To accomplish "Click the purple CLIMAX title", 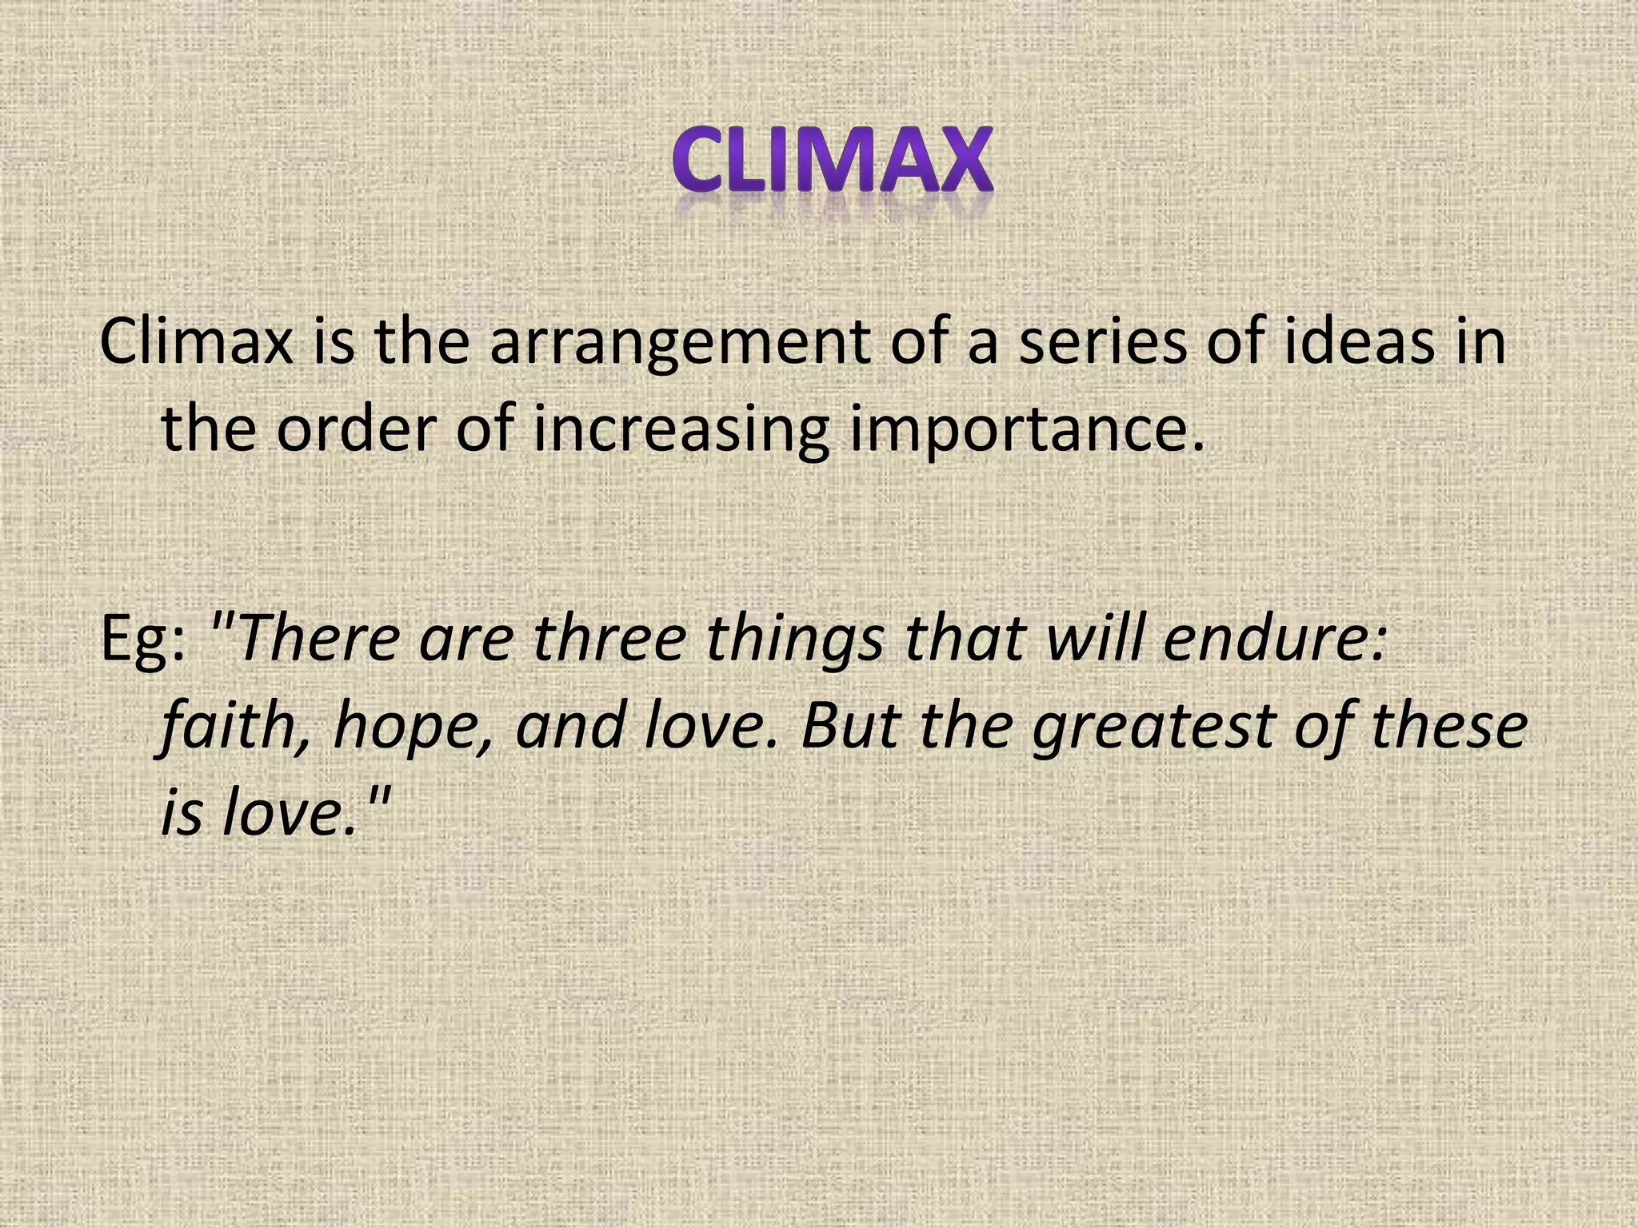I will tap(832, 161).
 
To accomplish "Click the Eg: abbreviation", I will tap(143, 640).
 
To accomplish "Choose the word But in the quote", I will tap(850, 725).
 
